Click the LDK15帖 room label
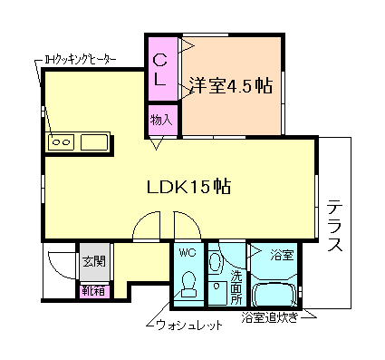(188, 188)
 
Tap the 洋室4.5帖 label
(231, 86)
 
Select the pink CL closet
(160, 70)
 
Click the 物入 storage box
(162, 119)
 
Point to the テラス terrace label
(334, 225)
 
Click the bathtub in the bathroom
(278, 294)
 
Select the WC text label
(188, 252)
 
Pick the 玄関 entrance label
(93, 262)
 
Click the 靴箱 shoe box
(92, 291)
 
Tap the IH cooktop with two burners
(62, 142)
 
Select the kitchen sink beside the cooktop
(93, 142)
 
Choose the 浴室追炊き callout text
(271, 318)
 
